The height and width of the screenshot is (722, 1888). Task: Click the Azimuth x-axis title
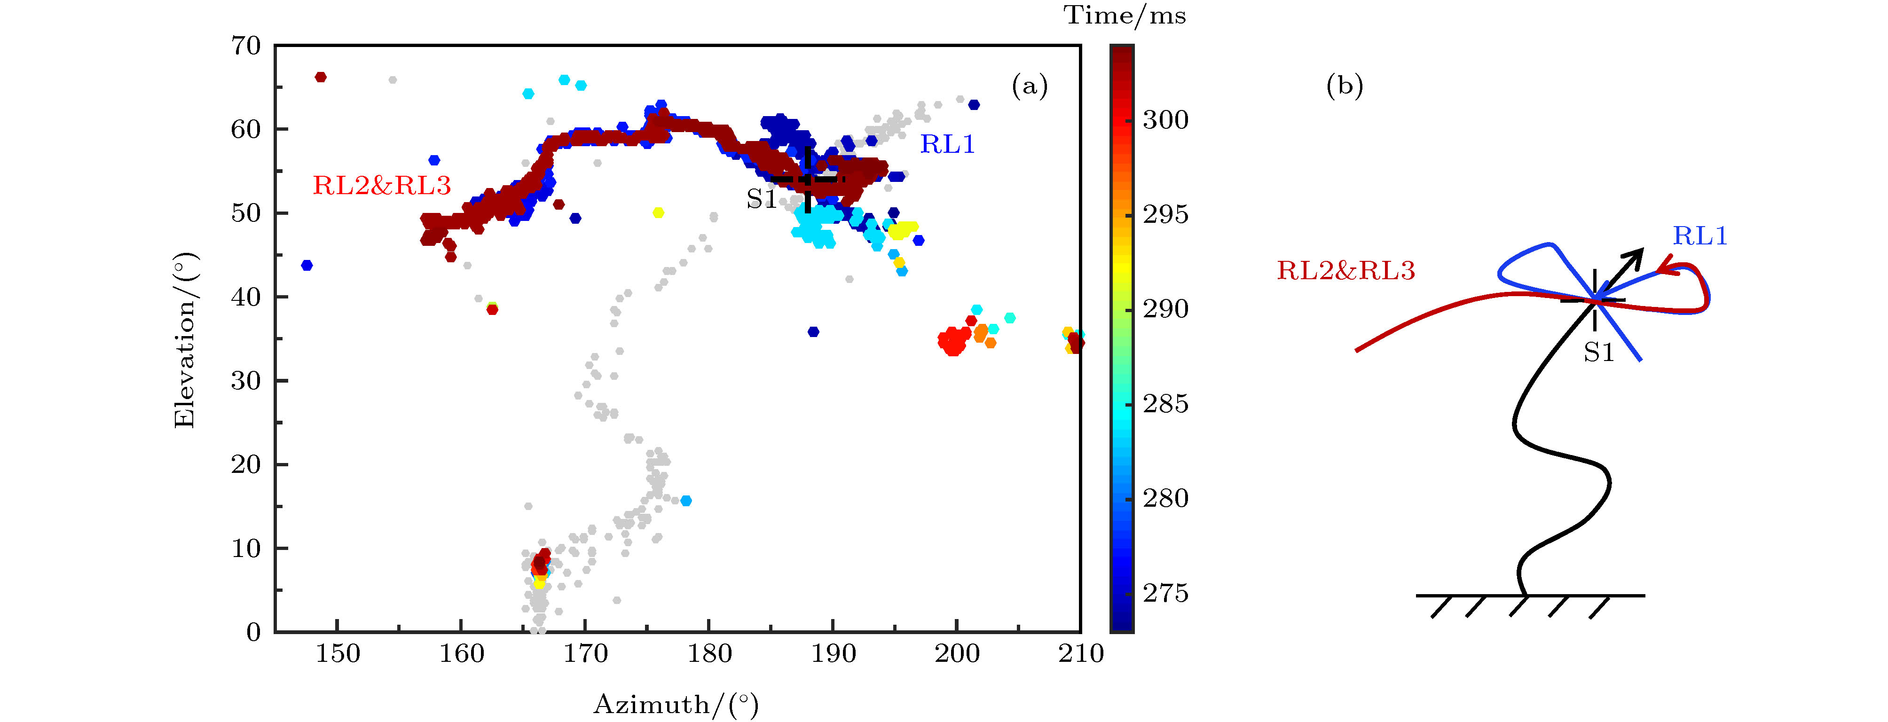coord(676,705)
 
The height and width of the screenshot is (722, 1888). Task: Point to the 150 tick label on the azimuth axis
coord(337,653)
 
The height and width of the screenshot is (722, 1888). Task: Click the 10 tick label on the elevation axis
coord(246,548)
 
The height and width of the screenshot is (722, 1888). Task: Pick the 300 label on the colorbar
coord(1165,119)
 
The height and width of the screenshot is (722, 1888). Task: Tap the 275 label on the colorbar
coord(1165,593)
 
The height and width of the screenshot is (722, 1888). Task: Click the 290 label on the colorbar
coord(1165,309)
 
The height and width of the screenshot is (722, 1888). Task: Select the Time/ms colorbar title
coord(1125,16)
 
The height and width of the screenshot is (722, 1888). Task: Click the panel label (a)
coord(1030,86)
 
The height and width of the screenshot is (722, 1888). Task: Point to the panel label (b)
coord(1344,86)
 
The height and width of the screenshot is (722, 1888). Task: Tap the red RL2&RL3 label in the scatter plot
coord(382,186)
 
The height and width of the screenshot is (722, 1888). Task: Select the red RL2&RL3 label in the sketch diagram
coord(1345,270)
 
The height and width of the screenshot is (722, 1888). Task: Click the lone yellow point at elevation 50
coord(658,212)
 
